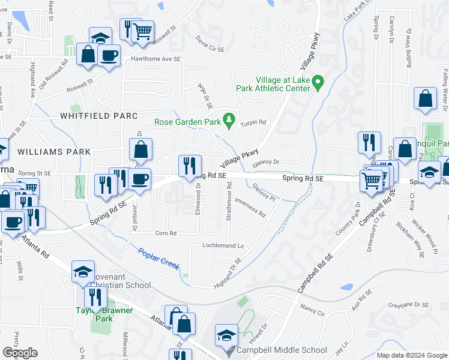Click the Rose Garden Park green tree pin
(x=228, y=121)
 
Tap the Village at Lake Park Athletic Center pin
(x=319, y=83)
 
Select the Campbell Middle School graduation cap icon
(x=227, y=335)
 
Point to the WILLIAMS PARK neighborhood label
(x=53, y=152)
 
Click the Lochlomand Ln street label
(x=223, y=245)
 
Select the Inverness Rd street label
(x=250, y=206)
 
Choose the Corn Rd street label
(x=166, y=233)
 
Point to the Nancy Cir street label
(x=312, y=313)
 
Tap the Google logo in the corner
(x=20, y=353)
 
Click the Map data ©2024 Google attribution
(x=411, y=355)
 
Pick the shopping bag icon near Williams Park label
(x=140, y=150)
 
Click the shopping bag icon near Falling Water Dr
(x=425, y=100)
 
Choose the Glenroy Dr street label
(x=267, y=162)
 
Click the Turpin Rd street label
(x=253, y=123)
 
